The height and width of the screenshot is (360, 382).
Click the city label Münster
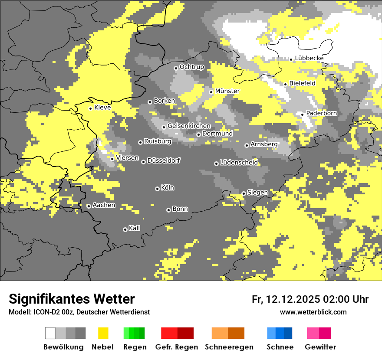227,91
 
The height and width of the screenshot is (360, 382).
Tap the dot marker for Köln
157,189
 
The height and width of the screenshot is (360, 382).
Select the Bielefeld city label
302,83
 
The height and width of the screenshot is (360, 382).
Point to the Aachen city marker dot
89,206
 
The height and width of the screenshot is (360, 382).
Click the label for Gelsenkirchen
189,126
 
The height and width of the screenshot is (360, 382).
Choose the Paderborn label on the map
321,114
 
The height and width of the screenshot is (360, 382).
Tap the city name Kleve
102,108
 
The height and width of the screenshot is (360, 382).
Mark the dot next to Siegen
244,193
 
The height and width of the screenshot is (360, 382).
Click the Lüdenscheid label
239,163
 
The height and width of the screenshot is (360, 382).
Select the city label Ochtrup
191,67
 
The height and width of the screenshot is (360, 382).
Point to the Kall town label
134,228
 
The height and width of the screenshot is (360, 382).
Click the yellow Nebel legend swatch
103,333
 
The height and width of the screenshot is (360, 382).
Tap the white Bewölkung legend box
50,333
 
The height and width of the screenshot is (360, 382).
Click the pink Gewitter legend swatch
313,333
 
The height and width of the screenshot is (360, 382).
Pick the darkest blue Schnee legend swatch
288,333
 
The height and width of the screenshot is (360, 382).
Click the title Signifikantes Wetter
72,299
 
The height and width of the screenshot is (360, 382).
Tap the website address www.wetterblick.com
313,312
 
